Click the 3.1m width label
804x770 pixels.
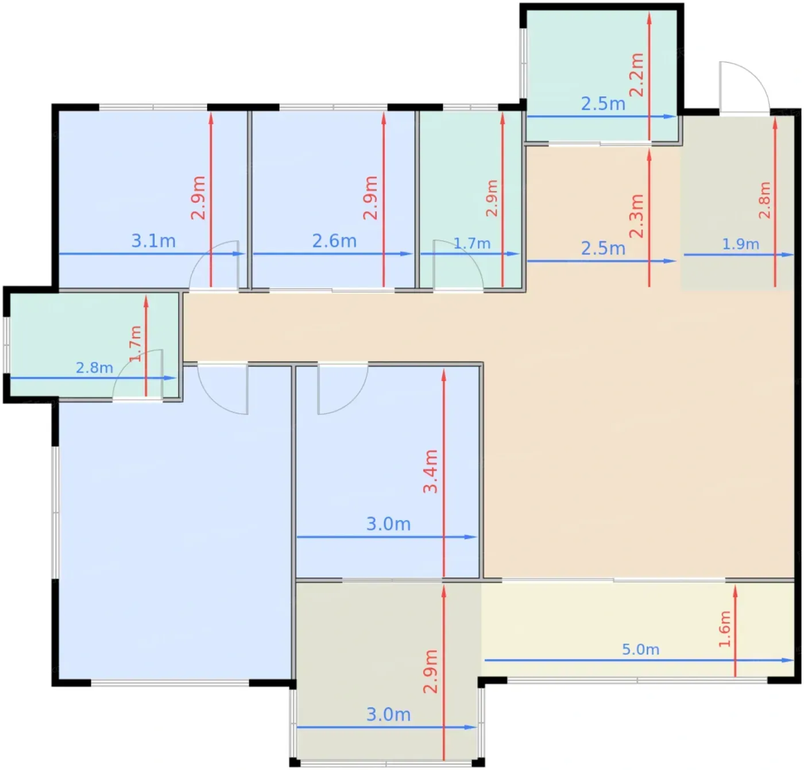(153, 241)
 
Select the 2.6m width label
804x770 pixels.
(334, 241)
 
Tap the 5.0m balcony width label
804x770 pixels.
(640, 649)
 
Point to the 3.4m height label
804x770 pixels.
(430, 471)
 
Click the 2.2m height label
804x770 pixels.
(636, 75)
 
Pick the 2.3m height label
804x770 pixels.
(636, 215)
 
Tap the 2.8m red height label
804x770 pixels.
(764, 200)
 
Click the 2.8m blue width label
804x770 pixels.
(94, 367)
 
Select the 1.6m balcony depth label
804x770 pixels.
(725, 629)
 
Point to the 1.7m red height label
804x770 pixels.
(135, 344)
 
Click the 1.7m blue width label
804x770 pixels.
(472, 244)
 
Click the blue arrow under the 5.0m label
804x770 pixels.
(639, 660)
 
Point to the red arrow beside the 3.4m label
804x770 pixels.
(444, 473)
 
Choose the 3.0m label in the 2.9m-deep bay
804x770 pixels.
(388, 714)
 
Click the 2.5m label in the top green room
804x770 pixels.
(603, 103)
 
